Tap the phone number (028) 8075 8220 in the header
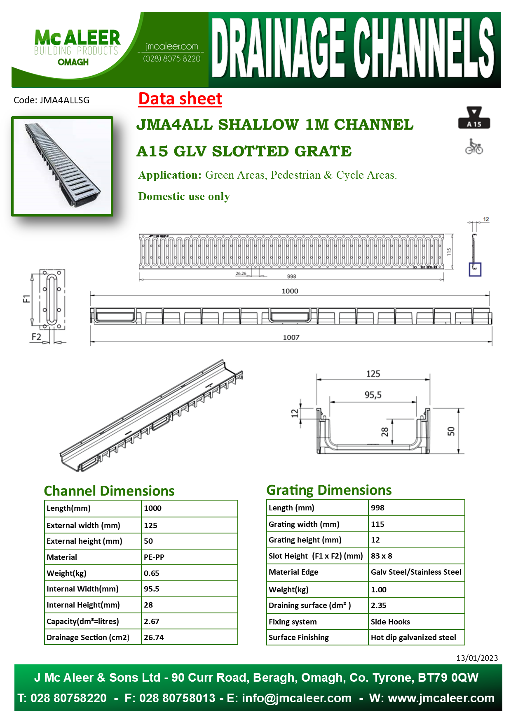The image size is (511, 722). point(172,58)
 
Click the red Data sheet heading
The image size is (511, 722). point(180,99)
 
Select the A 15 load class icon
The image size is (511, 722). point(474,118)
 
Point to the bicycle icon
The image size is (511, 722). point(474,147)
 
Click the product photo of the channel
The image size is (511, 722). point(62,166)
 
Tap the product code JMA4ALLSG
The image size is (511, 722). point(64,100)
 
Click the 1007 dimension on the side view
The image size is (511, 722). point(291,337)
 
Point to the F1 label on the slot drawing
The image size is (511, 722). point(26,298)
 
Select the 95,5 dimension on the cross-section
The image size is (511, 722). point(373,395)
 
